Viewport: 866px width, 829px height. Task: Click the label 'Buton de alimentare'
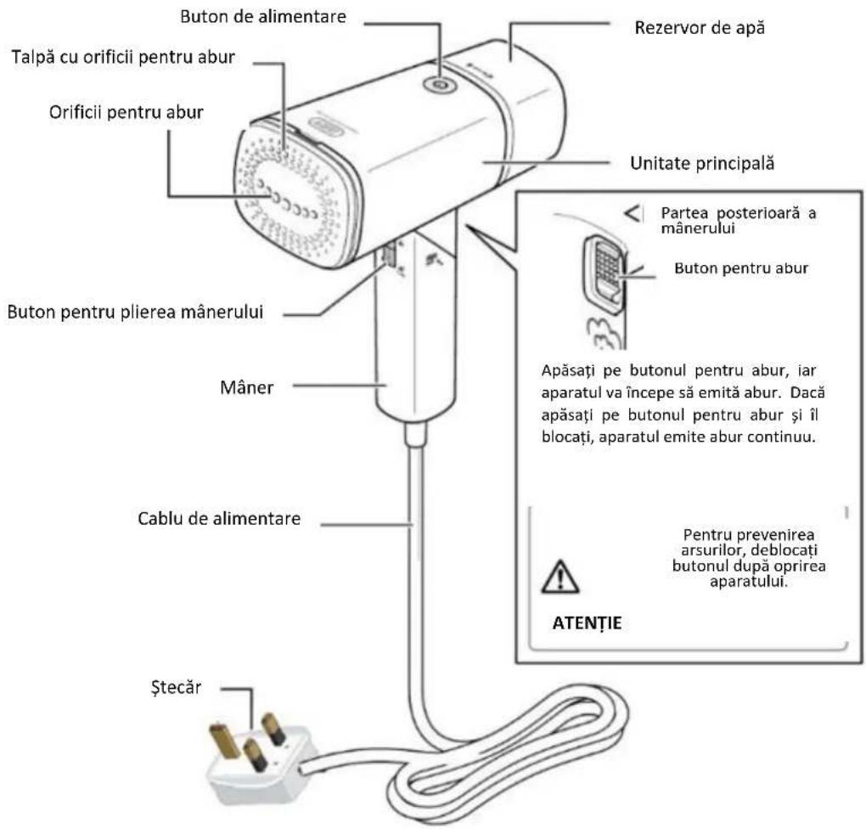tap(263, 17)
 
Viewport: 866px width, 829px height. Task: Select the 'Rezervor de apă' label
tap(700, 28)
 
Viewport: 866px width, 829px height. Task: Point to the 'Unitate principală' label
tap(702, 164)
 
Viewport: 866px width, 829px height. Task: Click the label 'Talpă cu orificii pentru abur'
tap(123, 58)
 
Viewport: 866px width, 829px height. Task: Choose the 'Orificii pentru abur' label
tap(126, 113)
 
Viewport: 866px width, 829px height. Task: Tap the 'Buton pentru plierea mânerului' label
tap(135, 313)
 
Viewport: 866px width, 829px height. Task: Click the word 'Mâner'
tap(246, 387)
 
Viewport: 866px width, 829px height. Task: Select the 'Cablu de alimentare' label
tap(219, 519)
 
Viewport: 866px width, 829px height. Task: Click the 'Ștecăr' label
tap(176, 687)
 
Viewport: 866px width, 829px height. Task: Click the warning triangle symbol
tap(560, 577)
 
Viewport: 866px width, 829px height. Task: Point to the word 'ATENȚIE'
tap(587, 623)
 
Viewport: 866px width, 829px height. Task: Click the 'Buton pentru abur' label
tap(741, 268)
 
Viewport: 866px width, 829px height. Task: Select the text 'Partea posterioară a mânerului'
tap(739, 221)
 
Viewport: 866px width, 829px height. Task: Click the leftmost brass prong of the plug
tap(225, 742)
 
